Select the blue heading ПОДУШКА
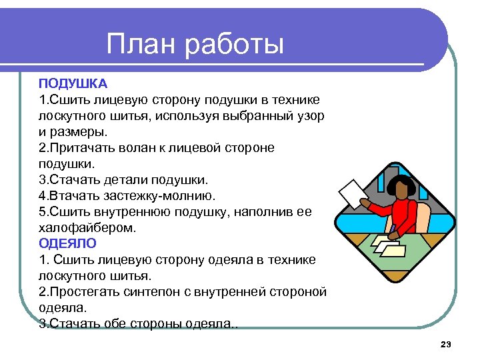(x=73, y=83)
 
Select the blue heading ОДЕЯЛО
(x=67, y=243)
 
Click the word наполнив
(x=259, y=211)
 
